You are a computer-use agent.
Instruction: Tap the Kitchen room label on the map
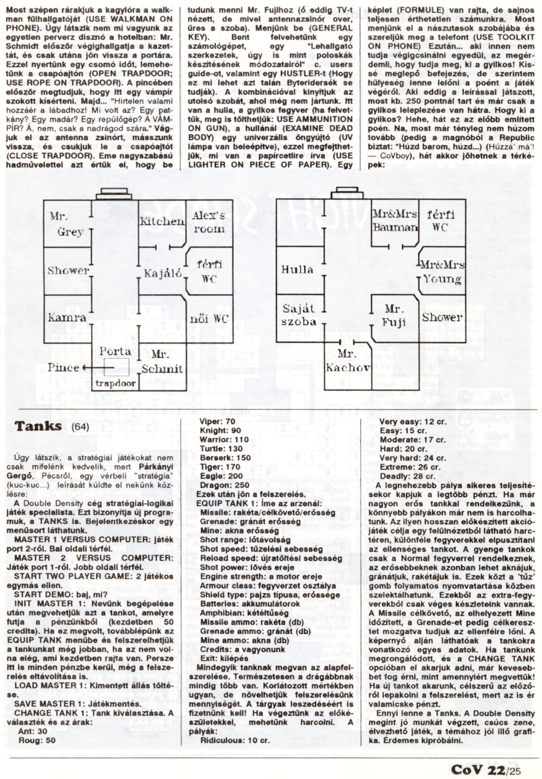click(162, 221)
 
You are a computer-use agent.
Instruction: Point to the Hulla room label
click(297, 270)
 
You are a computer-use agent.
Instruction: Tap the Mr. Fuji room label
click(394, 315)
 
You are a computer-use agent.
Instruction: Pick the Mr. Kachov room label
click(347, 361)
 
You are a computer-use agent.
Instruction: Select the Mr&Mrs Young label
click(443, 272)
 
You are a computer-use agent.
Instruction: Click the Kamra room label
click(67, 318)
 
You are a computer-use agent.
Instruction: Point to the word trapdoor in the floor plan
click(116, 384)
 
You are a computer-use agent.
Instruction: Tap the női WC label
click(209, 319)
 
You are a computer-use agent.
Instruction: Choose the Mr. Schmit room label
click(162, 362)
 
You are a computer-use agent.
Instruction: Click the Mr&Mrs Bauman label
click(395, 221)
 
